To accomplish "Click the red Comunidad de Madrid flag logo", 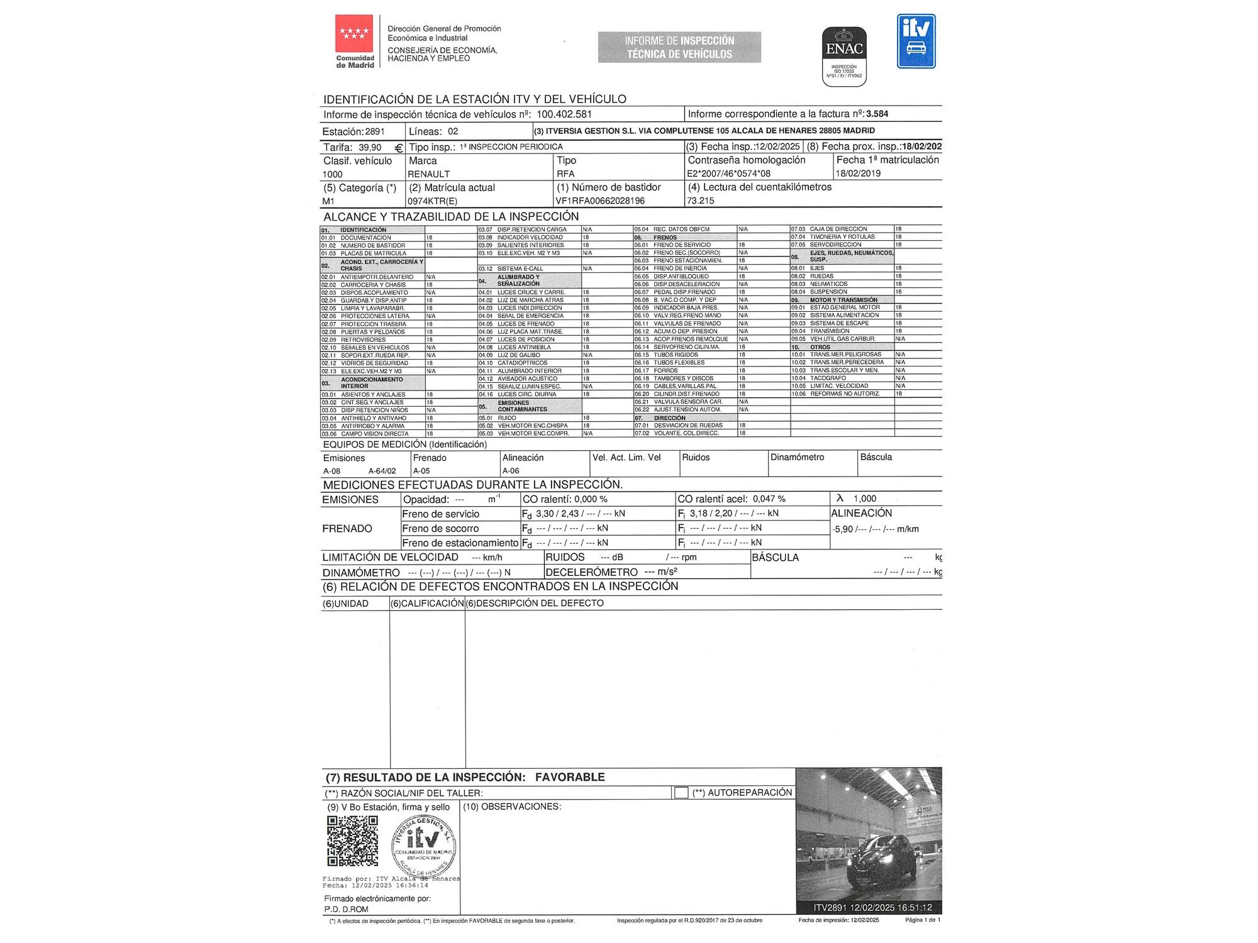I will [354, 33].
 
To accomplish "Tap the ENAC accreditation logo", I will [844, 56].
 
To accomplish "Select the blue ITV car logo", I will [916, 41].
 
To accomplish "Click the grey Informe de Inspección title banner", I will [679, 47].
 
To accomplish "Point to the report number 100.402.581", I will [564, 114].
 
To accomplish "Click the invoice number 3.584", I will [877, 114].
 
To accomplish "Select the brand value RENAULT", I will [429, 174].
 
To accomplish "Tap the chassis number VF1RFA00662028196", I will [600, 201].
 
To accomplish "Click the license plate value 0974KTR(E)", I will [433, 201].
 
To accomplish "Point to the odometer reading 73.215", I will [700, 201].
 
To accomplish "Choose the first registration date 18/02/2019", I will [858, 174].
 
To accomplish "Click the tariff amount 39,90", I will [370, 148].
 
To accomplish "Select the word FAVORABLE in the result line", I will [570, 777].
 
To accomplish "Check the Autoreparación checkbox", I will [681, 793].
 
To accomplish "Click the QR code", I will [353, 841].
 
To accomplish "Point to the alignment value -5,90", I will [843, 529].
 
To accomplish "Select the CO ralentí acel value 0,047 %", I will [769, 499].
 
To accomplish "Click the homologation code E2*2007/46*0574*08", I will [728, 174].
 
